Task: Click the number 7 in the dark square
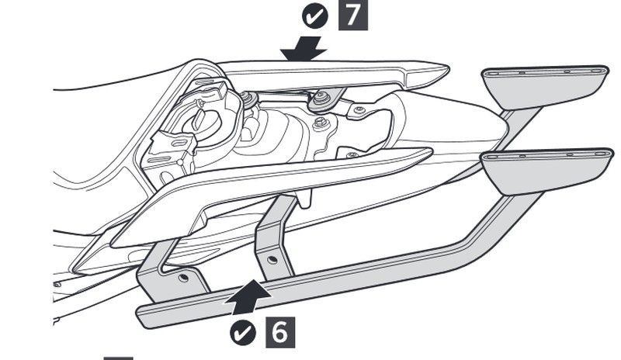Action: (x=353, y=16)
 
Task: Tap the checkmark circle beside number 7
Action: (x=314, y=16)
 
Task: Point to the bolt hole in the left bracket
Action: (x=183, y=276)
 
